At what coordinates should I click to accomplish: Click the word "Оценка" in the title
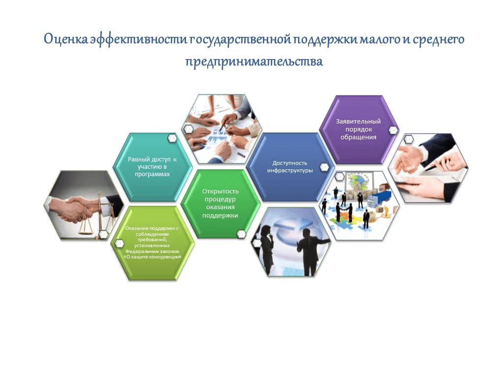[x=65, y=39]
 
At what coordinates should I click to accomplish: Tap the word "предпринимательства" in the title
[x=254, y=61]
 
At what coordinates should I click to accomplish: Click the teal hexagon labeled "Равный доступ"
[x=153, y=167]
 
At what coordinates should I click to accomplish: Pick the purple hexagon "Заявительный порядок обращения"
[x=358, y=129]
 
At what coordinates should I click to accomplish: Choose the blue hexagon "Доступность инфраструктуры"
[x=290, y=167]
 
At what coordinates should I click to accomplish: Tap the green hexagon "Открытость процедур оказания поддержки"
[x=220, y=204]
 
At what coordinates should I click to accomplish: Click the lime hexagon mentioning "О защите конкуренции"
[x=153, y=243]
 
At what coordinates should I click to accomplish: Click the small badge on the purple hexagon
[x=393, y=130]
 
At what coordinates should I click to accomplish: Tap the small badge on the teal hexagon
[x=172, y=138]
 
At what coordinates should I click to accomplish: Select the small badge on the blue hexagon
[x=324, y=167]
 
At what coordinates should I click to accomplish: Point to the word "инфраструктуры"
[x=290, y=170]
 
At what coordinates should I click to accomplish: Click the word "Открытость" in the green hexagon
[x=220, y=191]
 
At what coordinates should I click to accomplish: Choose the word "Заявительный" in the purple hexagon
[x=358, y=122]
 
